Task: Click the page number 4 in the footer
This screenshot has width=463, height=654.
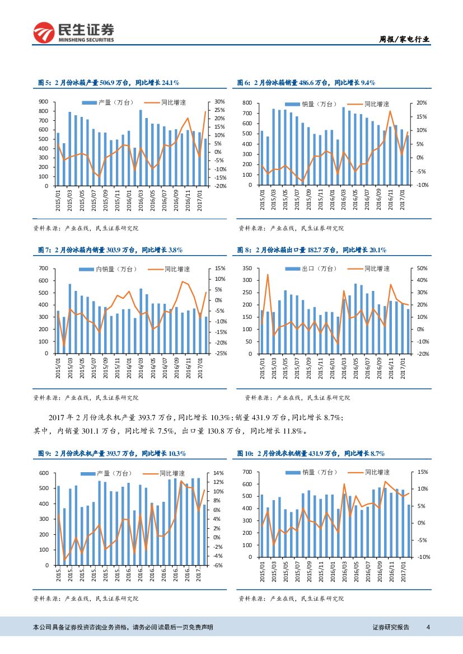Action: click(x=428, y=627)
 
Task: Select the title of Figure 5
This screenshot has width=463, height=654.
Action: click(x=108, y=82)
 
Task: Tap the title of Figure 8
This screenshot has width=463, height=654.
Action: click(x=311, y=250)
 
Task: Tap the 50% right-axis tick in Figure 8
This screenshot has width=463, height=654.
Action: click(x=423, y=269)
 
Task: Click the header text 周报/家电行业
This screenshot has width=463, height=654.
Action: click(x=402, y=39)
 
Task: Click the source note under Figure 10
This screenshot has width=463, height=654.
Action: click(x=291, y=599)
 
